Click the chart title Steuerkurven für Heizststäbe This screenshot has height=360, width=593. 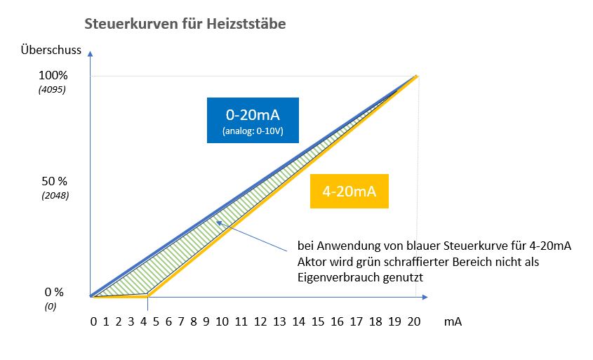pos(185,24)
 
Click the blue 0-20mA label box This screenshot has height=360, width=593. pos(253,120)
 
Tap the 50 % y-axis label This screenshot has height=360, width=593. pos(54,181)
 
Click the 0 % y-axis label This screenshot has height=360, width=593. pos(54,292)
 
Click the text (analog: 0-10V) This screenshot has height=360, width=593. pos(253,132)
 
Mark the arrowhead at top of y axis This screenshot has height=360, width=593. pos(91,53)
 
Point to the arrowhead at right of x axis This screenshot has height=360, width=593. pos(426,297)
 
